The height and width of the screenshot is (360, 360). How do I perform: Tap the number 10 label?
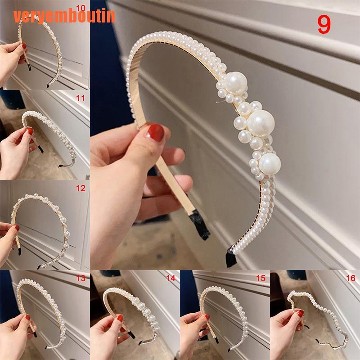[x=81, y=8]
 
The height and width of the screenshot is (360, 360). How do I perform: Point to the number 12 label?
[x=81, y=189]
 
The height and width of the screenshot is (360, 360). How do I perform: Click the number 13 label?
[x=81, y=279]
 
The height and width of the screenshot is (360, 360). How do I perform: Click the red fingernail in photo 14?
[x=120, y=318]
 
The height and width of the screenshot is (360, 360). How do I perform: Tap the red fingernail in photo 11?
[x=30, y=131]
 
